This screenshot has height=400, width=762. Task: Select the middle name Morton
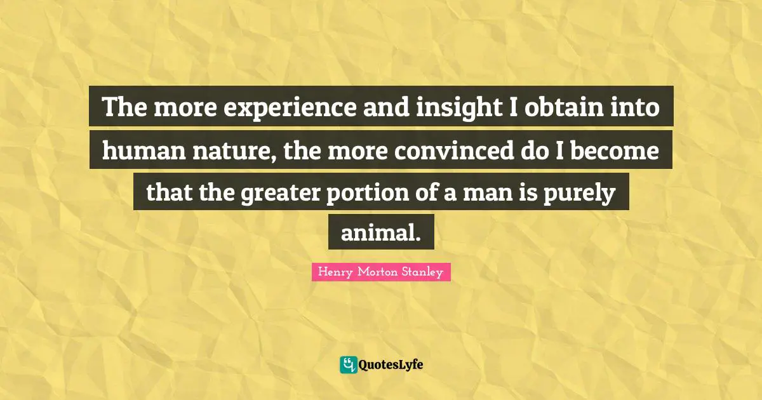(x=377, y=272)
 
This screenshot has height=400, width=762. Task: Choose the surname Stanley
(x=422, y=272)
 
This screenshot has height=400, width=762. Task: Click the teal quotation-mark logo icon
(x=348, y=364)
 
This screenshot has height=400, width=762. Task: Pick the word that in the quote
(x=169, y=193)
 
